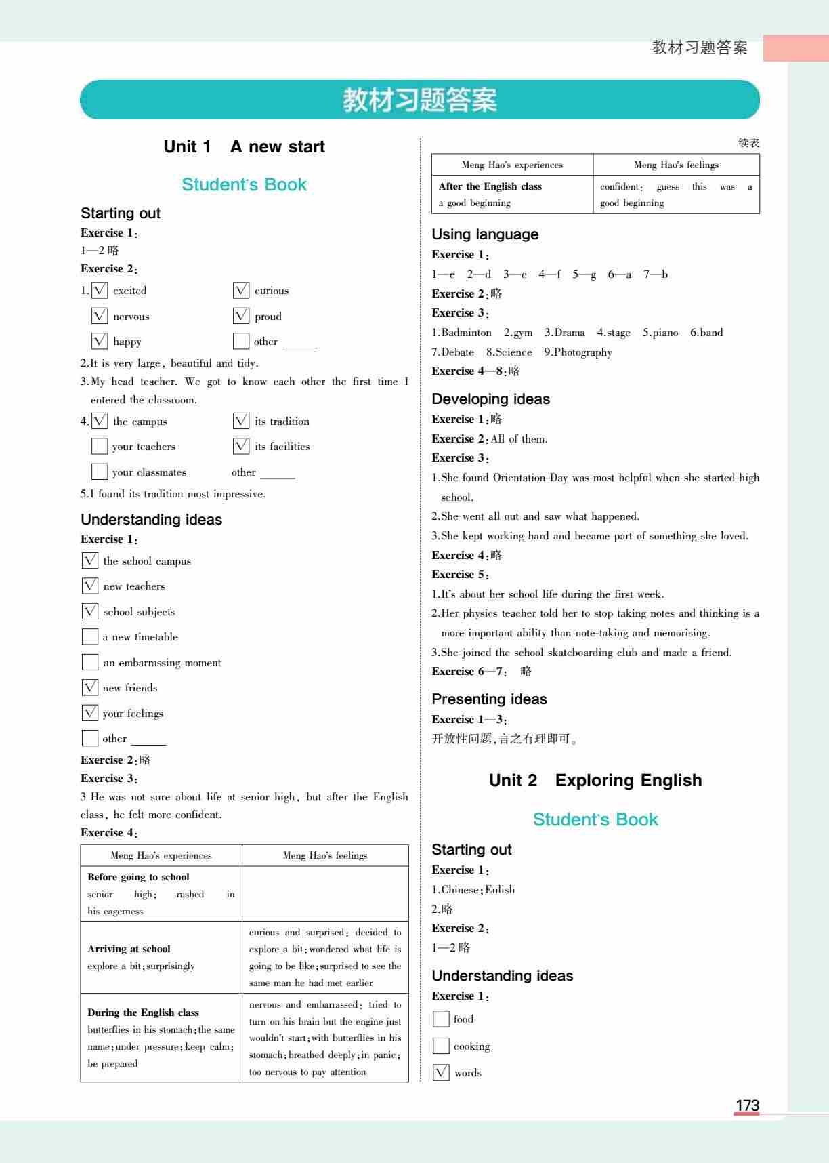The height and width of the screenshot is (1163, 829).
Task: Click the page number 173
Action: [x=747, y=1105]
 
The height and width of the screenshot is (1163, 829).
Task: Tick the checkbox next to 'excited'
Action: [x=100, y=290]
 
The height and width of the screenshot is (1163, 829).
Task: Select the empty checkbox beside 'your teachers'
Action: [x=100, y=446]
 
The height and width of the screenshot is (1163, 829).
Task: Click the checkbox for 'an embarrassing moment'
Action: [x=90, y=662]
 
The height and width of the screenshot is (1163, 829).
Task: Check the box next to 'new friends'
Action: [x=90, y=687]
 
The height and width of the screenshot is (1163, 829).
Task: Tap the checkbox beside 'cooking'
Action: [x=441, y=1046]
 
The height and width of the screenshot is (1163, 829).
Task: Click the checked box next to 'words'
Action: [x=441, y=1072]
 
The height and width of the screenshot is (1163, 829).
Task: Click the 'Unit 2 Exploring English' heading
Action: [x=595, y=780]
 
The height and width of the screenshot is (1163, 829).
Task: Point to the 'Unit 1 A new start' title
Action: [x=244, y=146]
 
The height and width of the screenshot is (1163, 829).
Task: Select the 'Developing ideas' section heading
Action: [x=490, y=399]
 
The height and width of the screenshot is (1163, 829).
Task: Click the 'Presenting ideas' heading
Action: [x=489, y=699]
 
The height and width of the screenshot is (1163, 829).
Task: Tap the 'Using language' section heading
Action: [x=485, y=234]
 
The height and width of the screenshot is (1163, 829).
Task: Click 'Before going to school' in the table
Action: [x=138, y=877]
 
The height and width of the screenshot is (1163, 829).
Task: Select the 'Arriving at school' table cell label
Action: [x=129, y=949]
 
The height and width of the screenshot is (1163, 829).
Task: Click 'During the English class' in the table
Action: [x=143, y=1013]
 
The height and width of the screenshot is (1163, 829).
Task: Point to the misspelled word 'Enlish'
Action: [x=500, y=890]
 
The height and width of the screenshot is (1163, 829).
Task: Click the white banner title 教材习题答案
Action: [x=420, y=100]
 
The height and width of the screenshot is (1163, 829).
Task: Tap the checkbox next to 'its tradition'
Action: [x=241, y=421]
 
